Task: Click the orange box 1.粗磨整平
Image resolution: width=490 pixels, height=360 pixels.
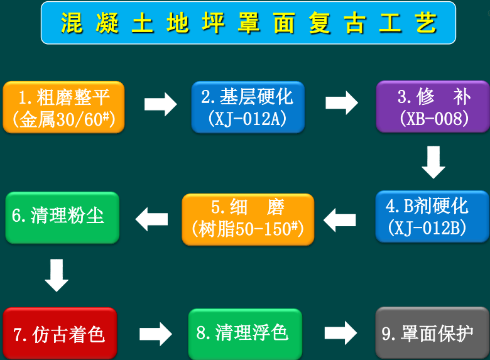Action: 63,107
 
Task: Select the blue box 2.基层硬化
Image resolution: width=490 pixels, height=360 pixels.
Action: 248,107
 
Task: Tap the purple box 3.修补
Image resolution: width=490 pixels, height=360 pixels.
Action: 433,107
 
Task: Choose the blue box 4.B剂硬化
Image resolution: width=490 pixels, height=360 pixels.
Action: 432,216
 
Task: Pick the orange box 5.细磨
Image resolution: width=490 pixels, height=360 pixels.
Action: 248,219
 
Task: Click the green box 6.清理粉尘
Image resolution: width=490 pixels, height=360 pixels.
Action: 62,217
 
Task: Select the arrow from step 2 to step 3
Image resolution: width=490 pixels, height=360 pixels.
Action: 342,102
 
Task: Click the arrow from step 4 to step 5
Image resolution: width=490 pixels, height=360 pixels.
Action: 340,219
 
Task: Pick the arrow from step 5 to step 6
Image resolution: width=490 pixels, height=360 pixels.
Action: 152,219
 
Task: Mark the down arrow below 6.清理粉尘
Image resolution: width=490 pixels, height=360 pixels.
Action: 57,275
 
